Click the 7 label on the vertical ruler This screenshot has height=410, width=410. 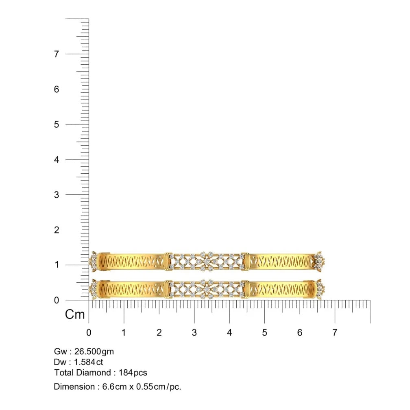[57, 54]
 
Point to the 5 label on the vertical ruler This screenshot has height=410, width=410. [57, 124]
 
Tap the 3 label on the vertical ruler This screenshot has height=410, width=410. [57, 195]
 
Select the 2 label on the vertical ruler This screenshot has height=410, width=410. [57, 230]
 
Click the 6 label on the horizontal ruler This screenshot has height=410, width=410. [300, 333]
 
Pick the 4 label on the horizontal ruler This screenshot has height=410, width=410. [229, 333]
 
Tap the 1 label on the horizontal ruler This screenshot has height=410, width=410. [124, 333]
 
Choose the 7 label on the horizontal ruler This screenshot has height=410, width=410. [335, 333]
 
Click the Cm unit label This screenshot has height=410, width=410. [75, 314]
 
